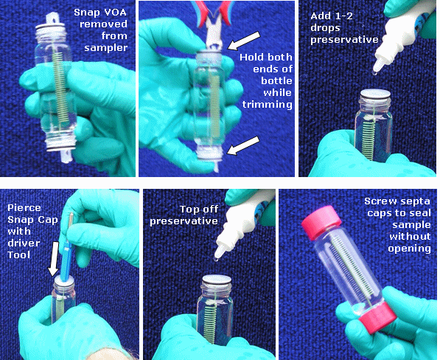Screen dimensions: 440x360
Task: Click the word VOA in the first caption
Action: (115, 13)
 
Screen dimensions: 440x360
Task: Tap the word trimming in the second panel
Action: (268, 105)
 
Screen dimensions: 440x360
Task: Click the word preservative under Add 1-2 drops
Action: (344, 40)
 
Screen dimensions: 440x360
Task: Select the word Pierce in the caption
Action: (24, 208)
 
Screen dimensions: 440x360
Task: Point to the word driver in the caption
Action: (24, 243)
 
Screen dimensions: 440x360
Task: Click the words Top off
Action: (199, 210)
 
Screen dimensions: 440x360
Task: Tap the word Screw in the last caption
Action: (380, 201)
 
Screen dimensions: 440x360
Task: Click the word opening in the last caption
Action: (409, 249)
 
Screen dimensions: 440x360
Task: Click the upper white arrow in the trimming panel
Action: (243, 41)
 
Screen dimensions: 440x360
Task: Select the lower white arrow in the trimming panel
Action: (243, 145)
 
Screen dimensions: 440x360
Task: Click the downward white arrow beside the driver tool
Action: (54, 259)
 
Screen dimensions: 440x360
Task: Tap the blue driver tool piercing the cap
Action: (66, 247)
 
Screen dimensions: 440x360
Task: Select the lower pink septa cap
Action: (377, 319)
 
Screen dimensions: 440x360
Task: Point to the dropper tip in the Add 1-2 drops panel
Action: (377, 68)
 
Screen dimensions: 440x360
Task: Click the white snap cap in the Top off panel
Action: (217, 280)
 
